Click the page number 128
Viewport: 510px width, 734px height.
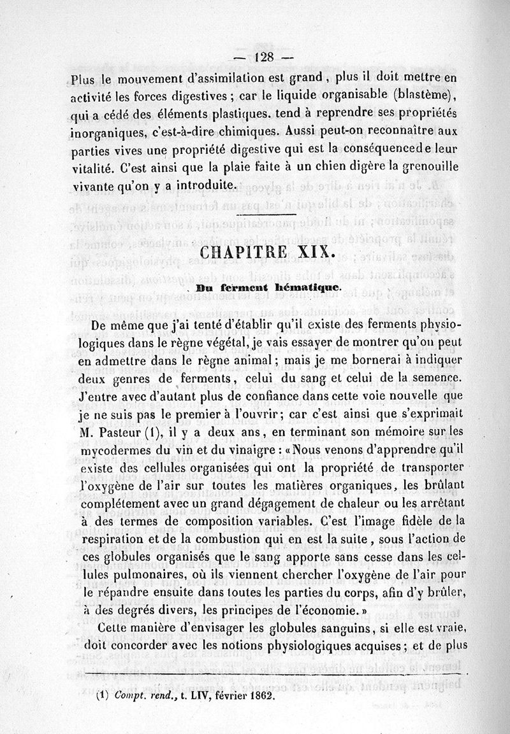(x=263, y=56)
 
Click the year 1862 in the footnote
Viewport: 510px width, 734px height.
(x=258, y=696)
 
